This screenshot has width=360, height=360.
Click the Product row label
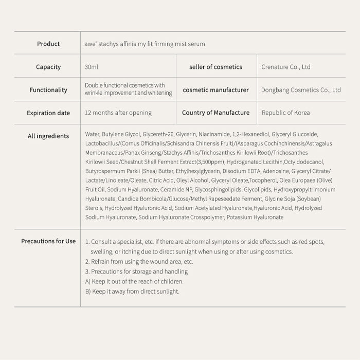pos(48,44)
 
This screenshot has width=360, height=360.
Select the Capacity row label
pos(48,67)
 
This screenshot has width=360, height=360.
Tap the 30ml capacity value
pos(92,67)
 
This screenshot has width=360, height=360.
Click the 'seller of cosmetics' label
pos(215,67)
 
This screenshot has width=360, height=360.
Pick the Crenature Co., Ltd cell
pos(286,67)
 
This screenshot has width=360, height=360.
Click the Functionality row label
pos(48,90)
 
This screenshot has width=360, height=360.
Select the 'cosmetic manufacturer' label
pos(215,90)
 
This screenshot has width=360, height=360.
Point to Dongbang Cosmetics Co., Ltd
pos(301,90)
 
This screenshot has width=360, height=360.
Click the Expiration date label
pos(48,113)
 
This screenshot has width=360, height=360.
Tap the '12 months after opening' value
pos(118,113)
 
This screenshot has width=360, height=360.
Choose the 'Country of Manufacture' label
pos(215,113)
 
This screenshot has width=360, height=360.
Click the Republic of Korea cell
pos(286,113)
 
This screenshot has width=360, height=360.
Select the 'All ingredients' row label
pos(48,136)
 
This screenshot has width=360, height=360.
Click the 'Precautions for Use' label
pos(48,241)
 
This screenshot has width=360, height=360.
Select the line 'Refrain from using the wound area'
pos(139,262)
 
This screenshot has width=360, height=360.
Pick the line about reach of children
pos(134,281)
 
